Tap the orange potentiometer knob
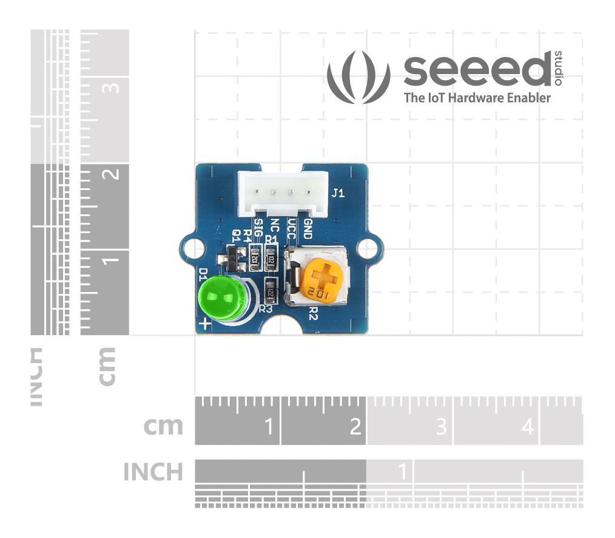click(x=322, y=282)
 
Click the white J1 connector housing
click(x=283, y=192)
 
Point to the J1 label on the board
click(x=338, y=194)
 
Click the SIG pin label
click(x=258, y=227)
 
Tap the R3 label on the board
click(x=266, y=308)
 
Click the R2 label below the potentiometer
click(x=314, y=313)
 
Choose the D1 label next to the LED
click(x=203, y=274)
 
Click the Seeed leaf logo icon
click(x=358, y=77)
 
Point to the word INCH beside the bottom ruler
click(x=153, y=472)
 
